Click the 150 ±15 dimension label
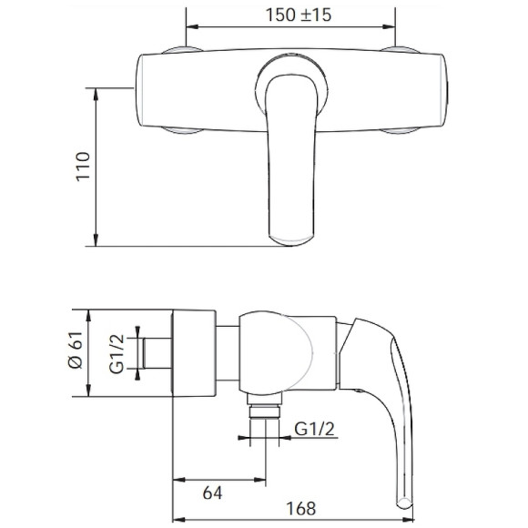299,15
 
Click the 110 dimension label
83,167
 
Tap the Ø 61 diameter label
76,350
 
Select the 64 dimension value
212,493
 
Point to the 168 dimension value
300,509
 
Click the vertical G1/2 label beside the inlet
117,354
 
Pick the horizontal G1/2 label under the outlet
314,429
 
